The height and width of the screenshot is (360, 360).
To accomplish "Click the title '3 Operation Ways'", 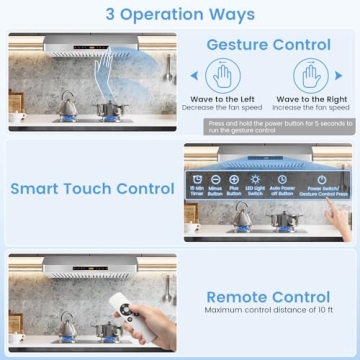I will tap(180, 15).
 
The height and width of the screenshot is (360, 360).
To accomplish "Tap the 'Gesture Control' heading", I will tap(268, 45).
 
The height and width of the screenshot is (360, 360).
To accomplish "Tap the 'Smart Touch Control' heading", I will tap(92, 188).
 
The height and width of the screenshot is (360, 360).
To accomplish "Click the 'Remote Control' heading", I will tap(268, 297).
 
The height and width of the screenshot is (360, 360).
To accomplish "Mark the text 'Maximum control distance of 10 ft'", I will tap(268, 311).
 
